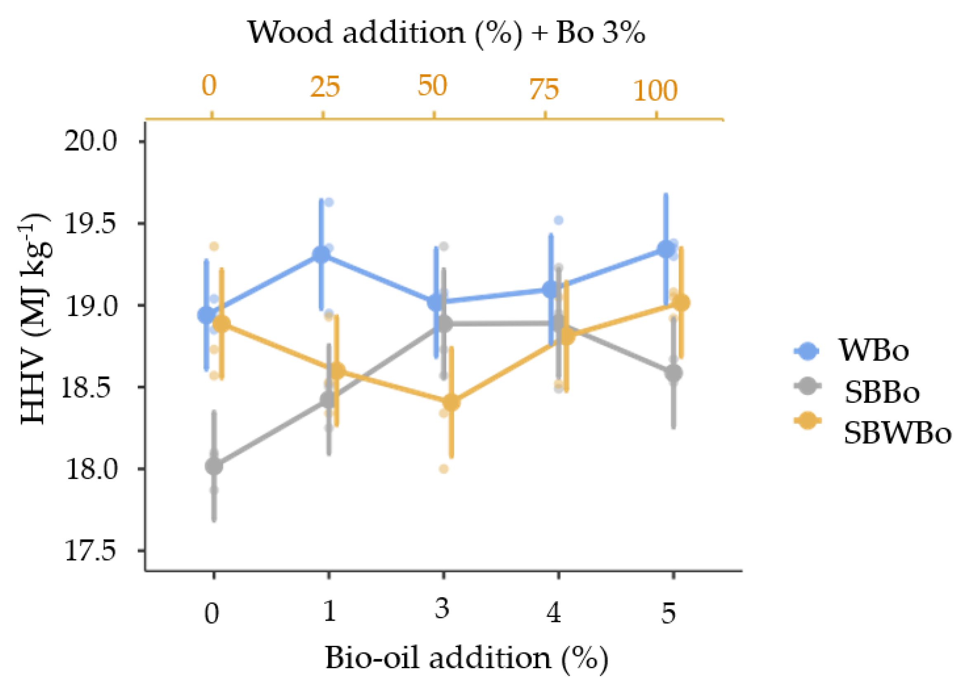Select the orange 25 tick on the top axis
(x=325, y=87)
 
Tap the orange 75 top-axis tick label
(x=544, y=90)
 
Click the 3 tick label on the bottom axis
(x=442, y=609)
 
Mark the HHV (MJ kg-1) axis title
(x=35, y=319)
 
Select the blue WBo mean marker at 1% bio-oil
(x=322, y=254)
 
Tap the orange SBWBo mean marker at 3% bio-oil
(x=452, y=402)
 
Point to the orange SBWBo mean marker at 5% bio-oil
(x=681, y=303)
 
